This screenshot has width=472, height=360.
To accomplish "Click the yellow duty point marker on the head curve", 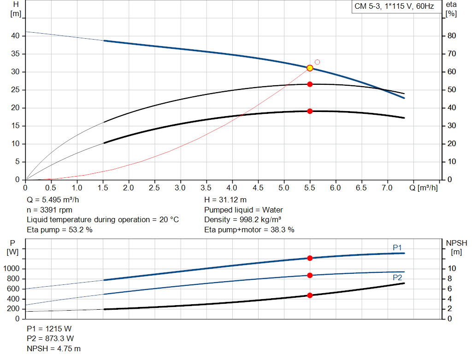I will click(310, 68).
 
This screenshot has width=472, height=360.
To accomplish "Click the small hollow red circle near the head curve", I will click(317, 62).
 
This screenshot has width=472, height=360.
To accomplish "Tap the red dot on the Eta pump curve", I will click(310, 84).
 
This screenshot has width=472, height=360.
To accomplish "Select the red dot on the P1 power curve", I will click(310, 258).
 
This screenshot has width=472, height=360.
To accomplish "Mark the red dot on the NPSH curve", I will click(310, 295).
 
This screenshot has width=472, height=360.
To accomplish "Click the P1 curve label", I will click(397, 248).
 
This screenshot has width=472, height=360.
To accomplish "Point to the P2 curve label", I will click(397, 277).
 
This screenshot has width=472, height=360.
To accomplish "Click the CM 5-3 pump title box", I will click(394, 6).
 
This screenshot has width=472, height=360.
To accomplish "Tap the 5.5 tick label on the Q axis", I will click(310, 188).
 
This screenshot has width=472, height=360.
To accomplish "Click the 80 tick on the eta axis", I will click(452, 36).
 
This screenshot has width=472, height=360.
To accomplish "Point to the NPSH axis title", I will click(456, 243).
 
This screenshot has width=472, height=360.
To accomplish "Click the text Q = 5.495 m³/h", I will click(53, 200).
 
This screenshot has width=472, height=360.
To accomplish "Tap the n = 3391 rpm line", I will click(49, 210).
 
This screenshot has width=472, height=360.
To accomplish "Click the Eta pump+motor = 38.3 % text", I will click(249, 230).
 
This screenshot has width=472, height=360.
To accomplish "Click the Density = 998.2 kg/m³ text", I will click(243, 219).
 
